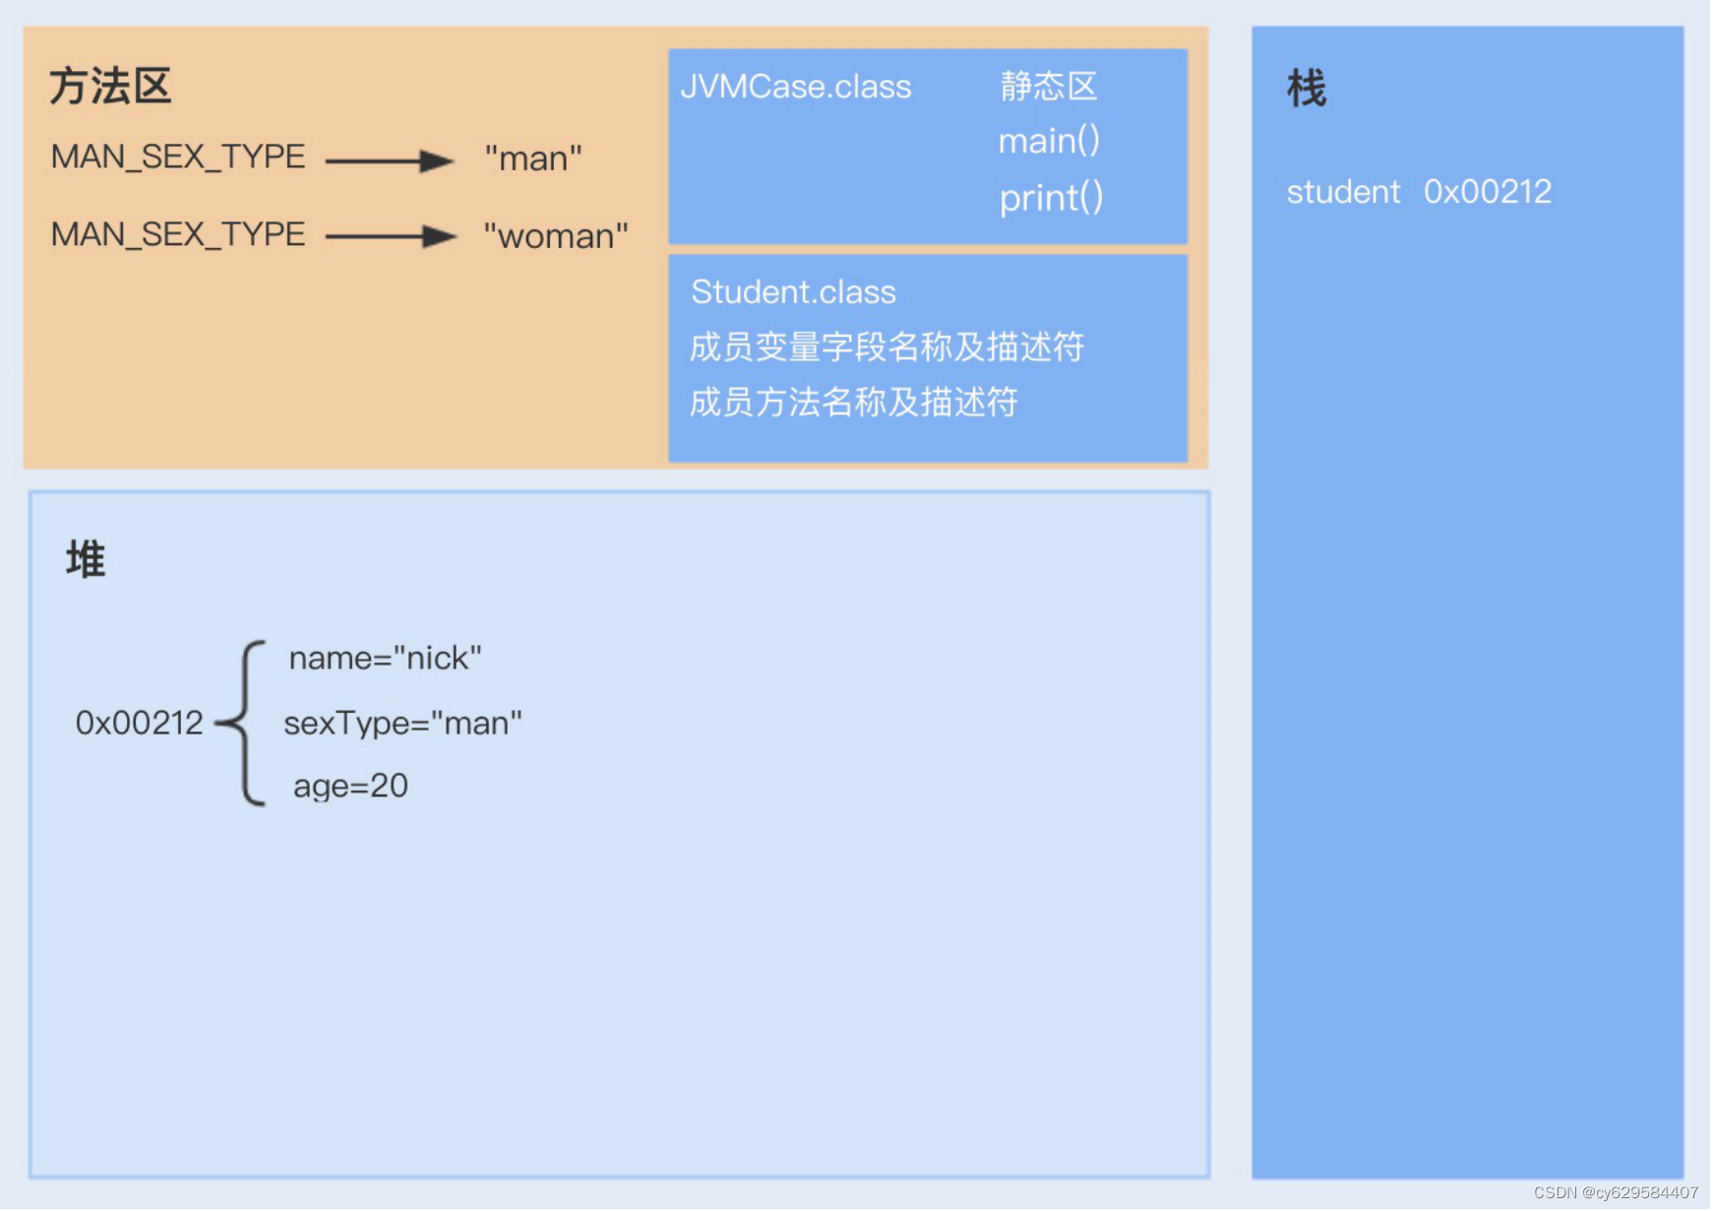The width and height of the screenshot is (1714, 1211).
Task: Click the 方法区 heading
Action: (x=110, y=87)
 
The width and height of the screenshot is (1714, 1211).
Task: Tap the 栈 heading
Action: (x=1307, y=89)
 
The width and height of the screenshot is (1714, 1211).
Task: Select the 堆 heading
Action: (x=86, y=559)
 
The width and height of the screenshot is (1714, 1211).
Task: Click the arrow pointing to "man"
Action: (x=390, y=160)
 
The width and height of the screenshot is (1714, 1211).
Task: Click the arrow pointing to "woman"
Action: (x=390, y=236)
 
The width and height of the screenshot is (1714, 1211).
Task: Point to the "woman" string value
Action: (x=556, y=236)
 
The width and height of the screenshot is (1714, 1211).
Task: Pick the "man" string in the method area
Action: (x=533, y=159)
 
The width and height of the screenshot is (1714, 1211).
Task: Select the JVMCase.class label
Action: (x=795, y=87)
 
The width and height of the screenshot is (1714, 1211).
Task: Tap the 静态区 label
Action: (x=1048, y=87)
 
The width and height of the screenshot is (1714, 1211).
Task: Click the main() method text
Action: (x=1049, y=142)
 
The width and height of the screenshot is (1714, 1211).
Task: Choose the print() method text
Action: (x=1051, y=198)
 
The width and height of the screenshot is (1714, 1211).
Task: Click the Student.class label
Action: (x=793, y=292)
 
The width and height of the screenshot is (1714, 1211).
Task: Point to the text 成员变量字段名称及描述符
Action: (x=887, y=347)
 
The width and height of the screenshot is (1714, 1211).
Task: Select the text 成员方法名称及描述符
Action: (x=853, y=402)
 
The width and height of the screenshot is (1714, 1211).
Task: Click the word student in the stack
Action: (x=1343, y=192)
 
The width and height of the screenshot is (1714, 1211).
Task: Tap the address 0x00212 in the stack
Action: (x=1488, y=192)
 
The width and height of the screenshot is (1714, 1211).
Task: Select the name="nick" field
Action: (x=385, y=658)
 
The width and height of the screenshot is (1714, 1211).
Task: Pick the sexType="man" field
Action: (x=402, y=724)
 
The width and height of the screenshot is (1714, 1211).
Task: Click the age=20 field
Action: (x=350, y=786)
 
